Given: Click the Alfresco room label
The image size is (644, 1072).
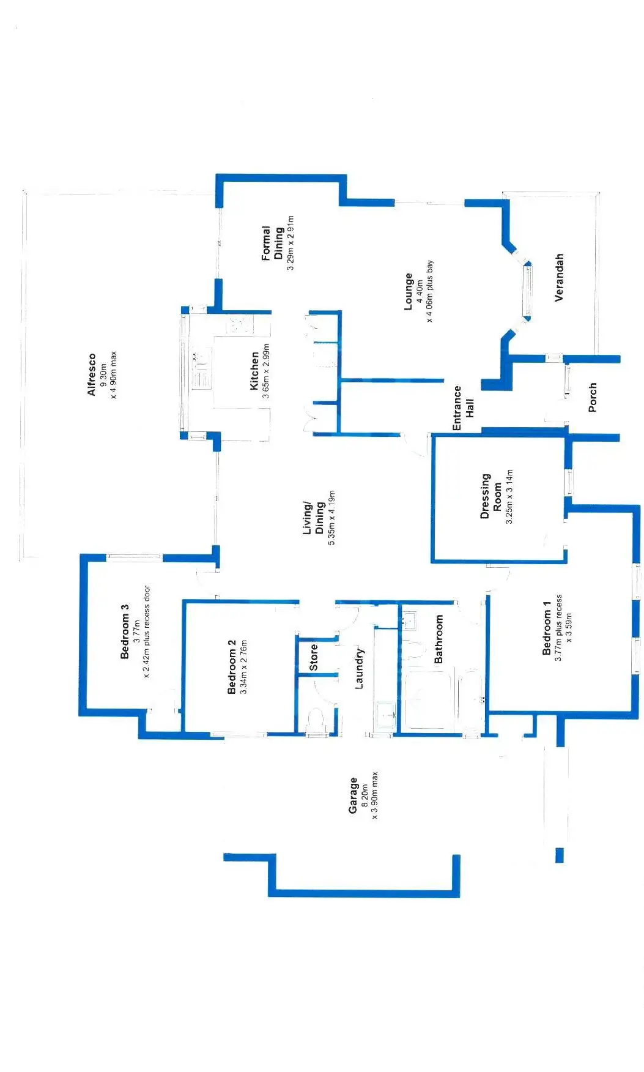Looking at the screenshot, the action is tap(92, 374).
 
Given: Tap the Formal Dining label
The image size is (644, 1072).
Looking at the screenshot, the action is tap(272, 244).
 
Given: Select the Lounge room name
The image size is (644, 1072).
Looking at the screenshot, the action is tap(409, 291).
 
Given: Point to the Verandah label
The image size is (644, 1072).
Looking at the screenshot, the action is tap(559, 277).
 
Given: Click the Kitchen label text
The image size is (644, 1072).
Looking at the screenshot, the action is tap(254, 371).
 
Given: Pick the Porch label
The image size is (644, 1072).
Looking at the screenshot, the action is tap(592, 397).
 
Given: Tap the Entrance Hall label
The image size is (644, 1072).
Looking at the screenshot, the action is tap(463, 408).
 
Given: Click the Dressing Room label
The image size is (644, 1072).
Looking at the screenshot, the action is tap(491, 495).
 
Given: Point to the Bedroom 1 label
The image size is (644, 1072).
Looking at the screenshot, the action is tap(547, 628).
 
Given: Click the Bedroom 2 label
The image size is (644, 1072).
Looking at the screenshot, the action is tap(231, 666).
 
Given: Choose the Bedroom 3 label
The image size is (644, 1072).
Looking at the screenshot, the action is tap(125, 631).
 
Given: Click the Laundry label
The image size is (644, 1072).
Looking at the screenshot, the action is tap(359, 668).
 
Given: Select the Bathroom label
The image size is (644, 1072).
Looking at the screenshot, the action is tap(439, 639).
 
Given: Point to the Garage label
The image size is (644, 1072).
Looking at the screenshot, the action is tap(353, 795).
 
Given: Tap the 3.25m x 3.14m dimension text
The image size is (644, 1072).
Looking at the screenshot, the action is tap(509, 496).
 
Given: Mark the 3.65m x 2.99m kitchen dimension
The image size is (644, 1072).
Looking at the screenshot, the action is tap(265, 371).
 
